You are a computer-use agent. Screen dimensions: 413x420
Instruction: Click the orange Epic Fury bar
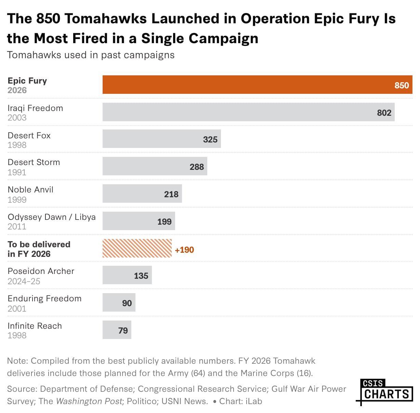click(239, 85)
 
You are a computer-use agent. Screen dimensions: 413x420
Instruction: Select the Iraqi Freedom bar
click(239, 112)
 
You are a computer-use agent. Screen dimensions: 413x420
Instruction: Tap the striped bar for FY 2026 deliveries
click(137, 248)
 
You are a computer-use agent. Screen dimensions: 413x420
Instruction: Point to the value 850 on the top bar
click(402, 85)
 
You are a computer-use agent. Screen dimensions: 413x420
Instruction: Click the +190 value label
click(184, 250)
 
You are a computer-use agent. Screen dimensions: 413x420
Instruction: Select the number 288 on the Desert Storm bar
click(197, 167)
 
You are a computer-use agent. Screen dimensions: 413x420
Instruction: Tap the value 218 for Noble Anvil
click(171, 194)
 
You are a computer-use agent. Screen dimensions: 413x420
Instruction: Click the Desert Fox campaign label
click(29, 135)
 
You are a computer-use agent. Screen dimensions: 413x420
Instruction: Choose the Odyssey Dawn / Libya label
click(52, 217)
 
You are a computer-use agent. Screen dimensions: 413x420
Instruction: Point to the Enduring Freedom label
click(44, 298)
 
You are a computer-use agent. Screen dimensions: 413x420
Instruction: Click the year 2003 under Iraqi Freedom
click(17, 117)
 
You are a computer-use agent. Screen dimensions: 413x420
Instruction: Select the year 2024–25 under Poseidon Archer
click(24, 281)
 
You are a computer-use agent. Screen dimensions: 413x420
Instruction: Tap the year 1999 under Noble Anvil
click(17, 199)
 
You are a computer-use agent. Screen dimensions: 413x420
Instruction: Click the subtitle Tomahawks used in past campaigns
click(91, 55)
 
